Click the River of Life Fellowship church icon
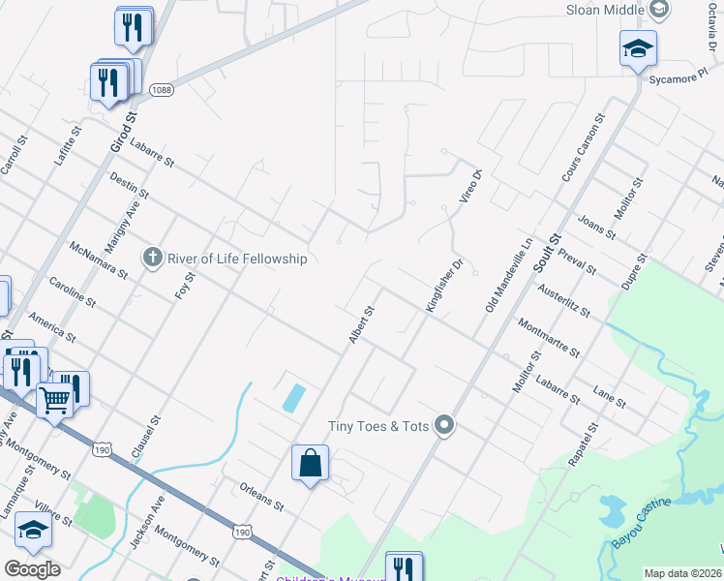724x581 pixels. coord(152,258)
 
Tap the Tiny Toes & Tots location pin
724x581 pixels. coord(444,425)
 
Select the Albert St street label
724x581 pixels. coord(361,325)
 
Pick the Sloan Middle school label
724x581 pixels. coord(605,10)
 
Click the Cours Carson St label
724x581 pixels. coord(583,147)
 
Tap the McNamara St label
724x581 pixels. coord(99,260)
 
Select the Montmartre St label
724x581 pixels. coord(549,338)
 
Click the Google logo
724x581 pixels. coord(32,568)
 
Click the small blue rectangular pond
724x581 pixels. coord(293,397)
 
